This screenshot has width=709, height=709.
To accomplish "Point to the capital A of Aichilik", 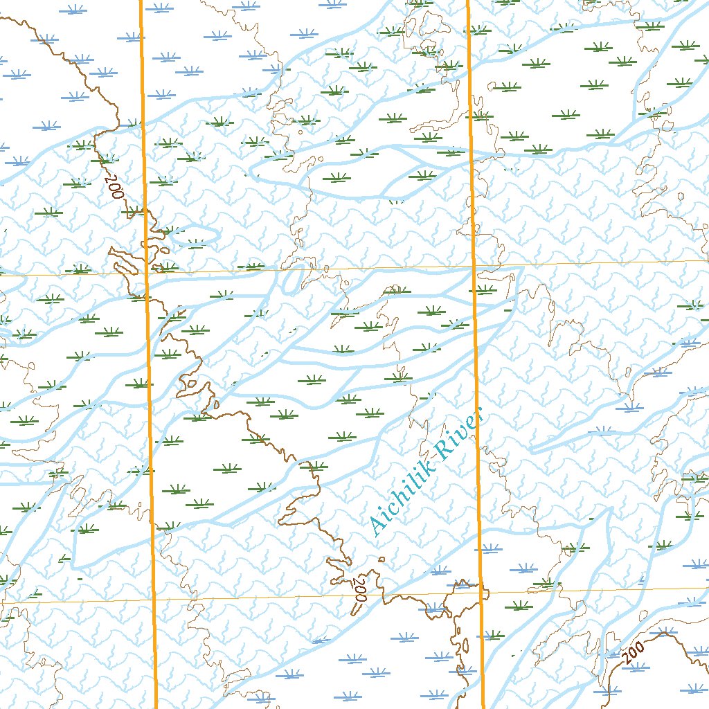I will [x=378, y=527].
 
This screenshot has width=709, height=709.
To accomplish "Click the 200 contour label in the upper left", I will [x=114, y=186].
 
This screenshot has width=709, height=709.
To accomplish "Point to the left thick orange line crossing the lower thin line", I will [x=153, y=599].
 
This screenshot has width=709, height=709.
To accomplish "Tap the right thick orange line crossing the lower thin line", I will [x=480, y=592].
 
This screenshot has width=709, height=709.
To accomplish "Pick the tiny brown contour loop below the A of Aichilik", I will [x=382, y=559].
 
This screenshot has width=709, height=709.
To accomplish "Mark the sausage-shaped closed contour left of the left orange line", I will [x=125, y=262].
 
